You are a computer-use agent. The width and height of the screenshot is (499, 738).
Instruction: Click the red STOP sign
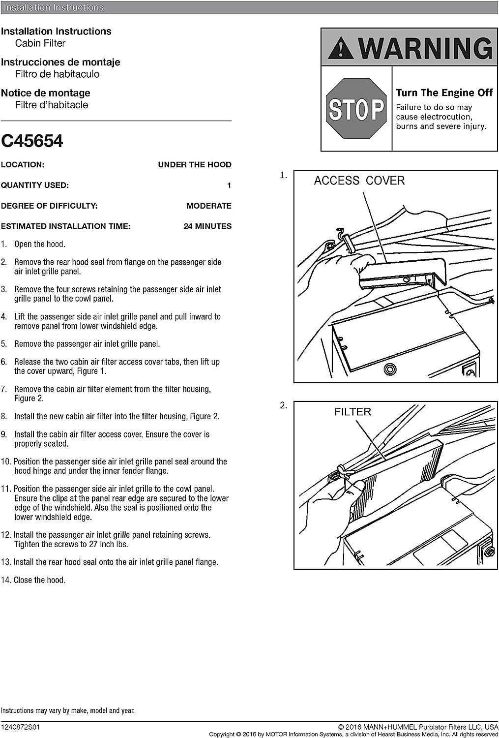pos(356,109)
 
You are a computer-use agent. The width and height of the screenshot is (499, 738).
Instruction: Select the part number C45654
pos(32,141)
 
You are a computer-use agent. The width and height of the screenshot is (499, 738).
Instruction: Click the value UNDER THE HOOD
pos(194,165)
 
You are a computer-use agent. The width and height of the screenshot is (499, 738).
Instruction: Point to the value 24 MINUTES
pos(207,226)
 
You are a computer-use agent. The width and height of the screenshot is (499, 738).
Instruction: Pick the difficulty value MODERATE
pos(208,206)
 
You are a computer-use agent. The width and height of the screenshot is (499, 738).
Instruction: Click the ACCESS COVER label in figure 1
pos(359,181)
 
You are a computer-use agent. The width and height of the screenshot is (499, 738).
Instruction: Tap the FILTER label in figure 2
pos(352,412)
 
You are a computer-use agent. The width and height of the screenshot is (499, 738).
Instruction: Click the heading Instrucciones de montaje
pos(60,62)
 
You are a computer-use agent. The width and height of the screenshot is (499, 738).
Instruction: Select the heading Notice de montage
pos(46,93)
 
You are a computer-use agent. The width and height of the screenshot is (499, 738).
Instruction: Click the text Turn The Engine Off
pos(444,92)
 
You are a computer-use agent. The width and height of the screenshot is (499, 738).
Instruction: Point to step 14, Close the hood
pos(39,580)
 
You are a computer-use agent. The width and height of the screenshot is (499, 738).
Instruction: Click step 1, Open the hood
pos(39,244)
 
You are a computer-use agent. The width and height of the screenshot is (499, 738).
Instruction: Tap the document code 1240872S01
pos(21,727)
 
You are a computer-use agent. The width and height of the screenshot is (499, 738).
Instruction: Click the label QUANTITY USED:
pos(34,185)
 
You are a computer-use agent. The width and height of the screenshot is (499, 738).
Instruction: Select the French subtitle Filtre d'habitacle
pos(52,105)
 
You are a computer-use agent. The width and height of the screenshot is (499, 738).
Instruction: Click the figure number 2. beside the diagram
pos(283,405)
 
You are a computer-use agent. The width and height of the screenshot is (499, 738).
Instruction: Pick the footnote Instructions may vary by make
pos(67,710)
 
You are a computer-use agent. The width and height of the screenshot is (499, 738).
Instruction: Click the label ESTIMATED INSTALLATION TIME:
pos(65,226)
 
